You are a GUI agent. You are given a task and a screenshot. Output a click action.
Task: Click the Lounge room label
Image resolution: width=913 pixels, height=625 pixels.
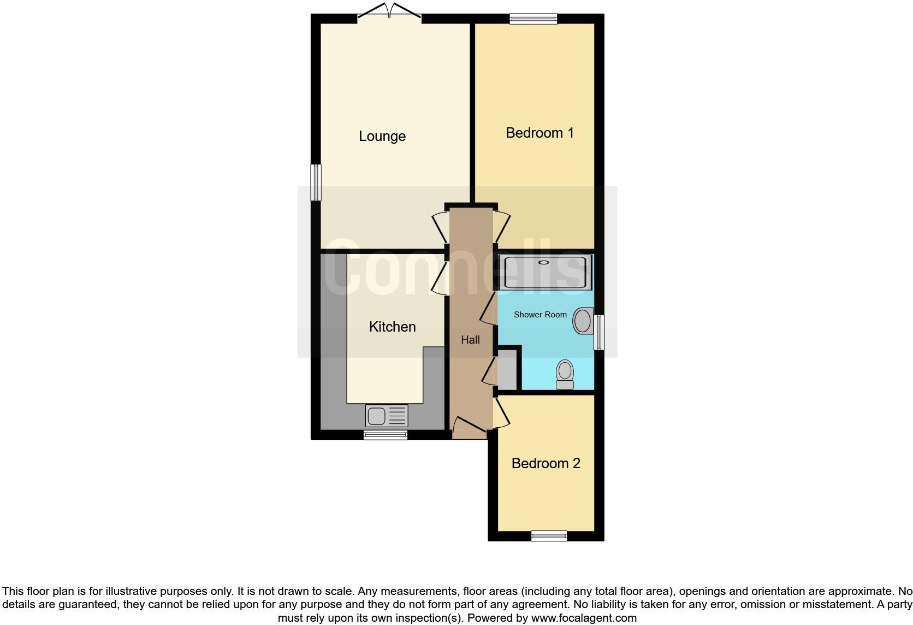point(382,136)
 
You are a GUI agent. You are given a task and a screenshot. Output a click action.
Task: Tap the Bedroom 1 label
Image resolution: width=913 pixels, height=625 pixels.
point(539,133)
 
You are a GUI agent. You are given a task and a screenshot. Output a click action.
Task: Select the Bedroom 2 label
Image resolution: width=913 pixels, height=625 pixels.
point(546,463)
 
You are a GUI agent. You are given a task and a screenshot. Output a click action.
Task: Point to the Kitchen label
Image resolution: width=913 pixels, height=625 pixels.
point(392,327)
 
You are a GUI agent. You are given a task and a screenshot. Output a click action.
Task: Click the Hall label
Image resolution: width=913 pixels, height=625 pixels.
point(470,340)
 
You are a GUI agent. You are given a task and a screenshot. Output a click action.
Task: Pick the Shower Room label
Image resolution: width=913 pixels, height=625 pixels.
point(540,315)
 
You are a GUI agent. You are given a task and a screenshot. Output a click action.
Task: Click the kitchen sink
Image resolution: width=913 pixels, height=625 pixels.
point(387,416)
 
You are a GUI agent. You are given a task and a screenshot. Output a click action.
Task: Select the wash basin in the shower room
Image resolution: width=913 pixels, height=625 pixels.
point(583,321)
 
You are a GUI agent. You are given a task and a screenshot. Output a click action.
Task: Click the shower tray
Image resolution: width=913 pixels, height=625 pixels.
point(545,272)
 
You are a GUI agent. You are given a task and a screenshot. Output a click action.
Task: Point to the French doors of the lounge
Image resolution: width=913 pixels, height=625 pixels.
point(389,14)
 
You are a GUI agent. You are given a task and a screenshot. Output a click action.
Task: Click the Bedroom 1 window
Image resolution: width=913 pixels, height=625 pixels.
point(533,19)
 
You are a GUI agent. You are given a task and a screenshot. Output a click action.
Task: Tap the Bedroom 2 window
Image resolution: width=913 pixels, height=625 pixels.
point(549,536)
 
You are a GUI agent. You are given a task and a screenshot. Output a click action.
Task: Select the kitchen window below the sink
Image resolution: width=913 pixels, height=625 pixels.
point(386,435)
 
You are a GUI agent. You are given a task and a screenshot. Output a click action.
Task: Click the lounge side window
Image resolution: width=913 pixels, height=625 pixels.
point(316,182)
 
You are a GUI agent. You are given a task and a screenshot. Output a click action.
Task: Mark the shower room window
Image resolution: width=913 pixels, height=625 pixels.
point(600,332)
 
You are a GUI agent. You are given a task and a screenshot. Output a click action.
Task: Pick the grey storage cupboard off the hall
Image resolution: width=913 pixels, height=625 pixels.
point(507,370)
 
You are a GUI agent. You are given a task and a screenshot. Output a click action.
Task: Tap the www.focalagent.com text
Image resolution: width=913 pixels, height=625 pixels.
point(584,618)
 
